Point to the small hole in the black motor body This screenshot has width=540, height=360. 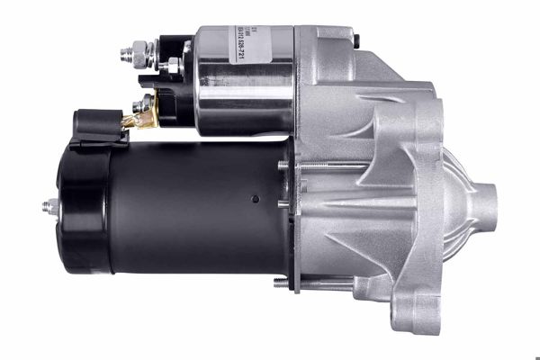tap(255, 199)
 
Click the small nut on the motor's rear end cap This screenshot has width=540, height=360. tap(50, 208)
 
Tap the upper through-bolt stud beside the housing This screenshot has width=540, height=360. tap(285, 165)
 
